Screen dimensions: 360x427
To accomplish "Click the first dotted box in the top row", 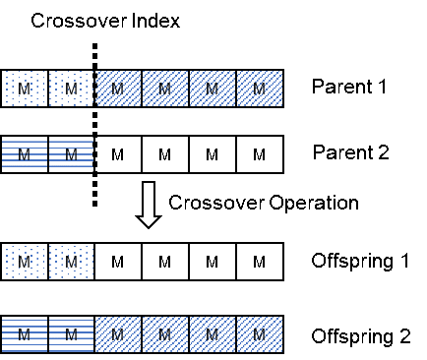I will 24,89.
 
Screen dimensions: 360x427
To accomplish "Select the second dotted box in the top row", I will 71,89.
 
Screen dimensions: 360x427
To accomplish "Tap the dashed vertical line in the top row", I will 94,89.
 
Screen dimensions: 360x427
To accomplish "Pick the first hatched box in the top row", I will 118,89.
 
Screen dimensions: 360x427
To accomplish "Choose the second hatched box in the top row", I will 165,89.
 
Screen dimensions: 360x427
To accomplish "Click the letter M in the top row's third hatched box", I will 212,90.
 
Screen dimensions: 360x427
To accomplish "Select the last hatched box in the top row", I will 260,89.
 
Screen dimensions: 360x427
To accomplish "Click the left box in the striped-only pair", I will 24,154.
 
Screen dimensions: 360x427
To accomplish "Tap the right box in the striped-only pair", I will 71,154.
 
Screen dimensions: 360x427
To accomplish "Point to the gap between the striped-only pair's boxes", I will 47,154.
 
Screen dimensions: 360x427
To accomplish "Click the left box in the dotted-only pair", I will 24,262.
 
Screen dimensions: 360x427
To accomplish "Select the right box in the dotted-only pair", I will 71,262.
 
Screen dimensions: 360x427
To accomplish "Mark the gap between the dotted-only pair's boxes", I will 47,262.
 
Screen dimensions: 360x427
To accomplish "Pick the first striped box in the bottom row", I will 24,334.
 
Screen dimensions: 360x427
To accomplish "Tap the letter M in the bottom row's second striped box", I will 71,335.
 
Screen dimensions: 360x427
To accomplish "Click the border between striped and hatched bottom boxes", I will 94,334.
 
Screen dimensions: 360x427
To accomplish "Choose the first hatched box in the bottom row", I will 118,334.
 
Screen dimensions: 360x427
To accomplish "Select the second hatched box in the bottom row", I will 165,334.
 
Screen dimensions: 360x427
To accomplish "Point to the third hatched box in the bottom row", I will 213,334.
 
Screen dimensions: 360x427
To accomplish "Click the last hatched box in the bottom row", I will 260,334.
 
